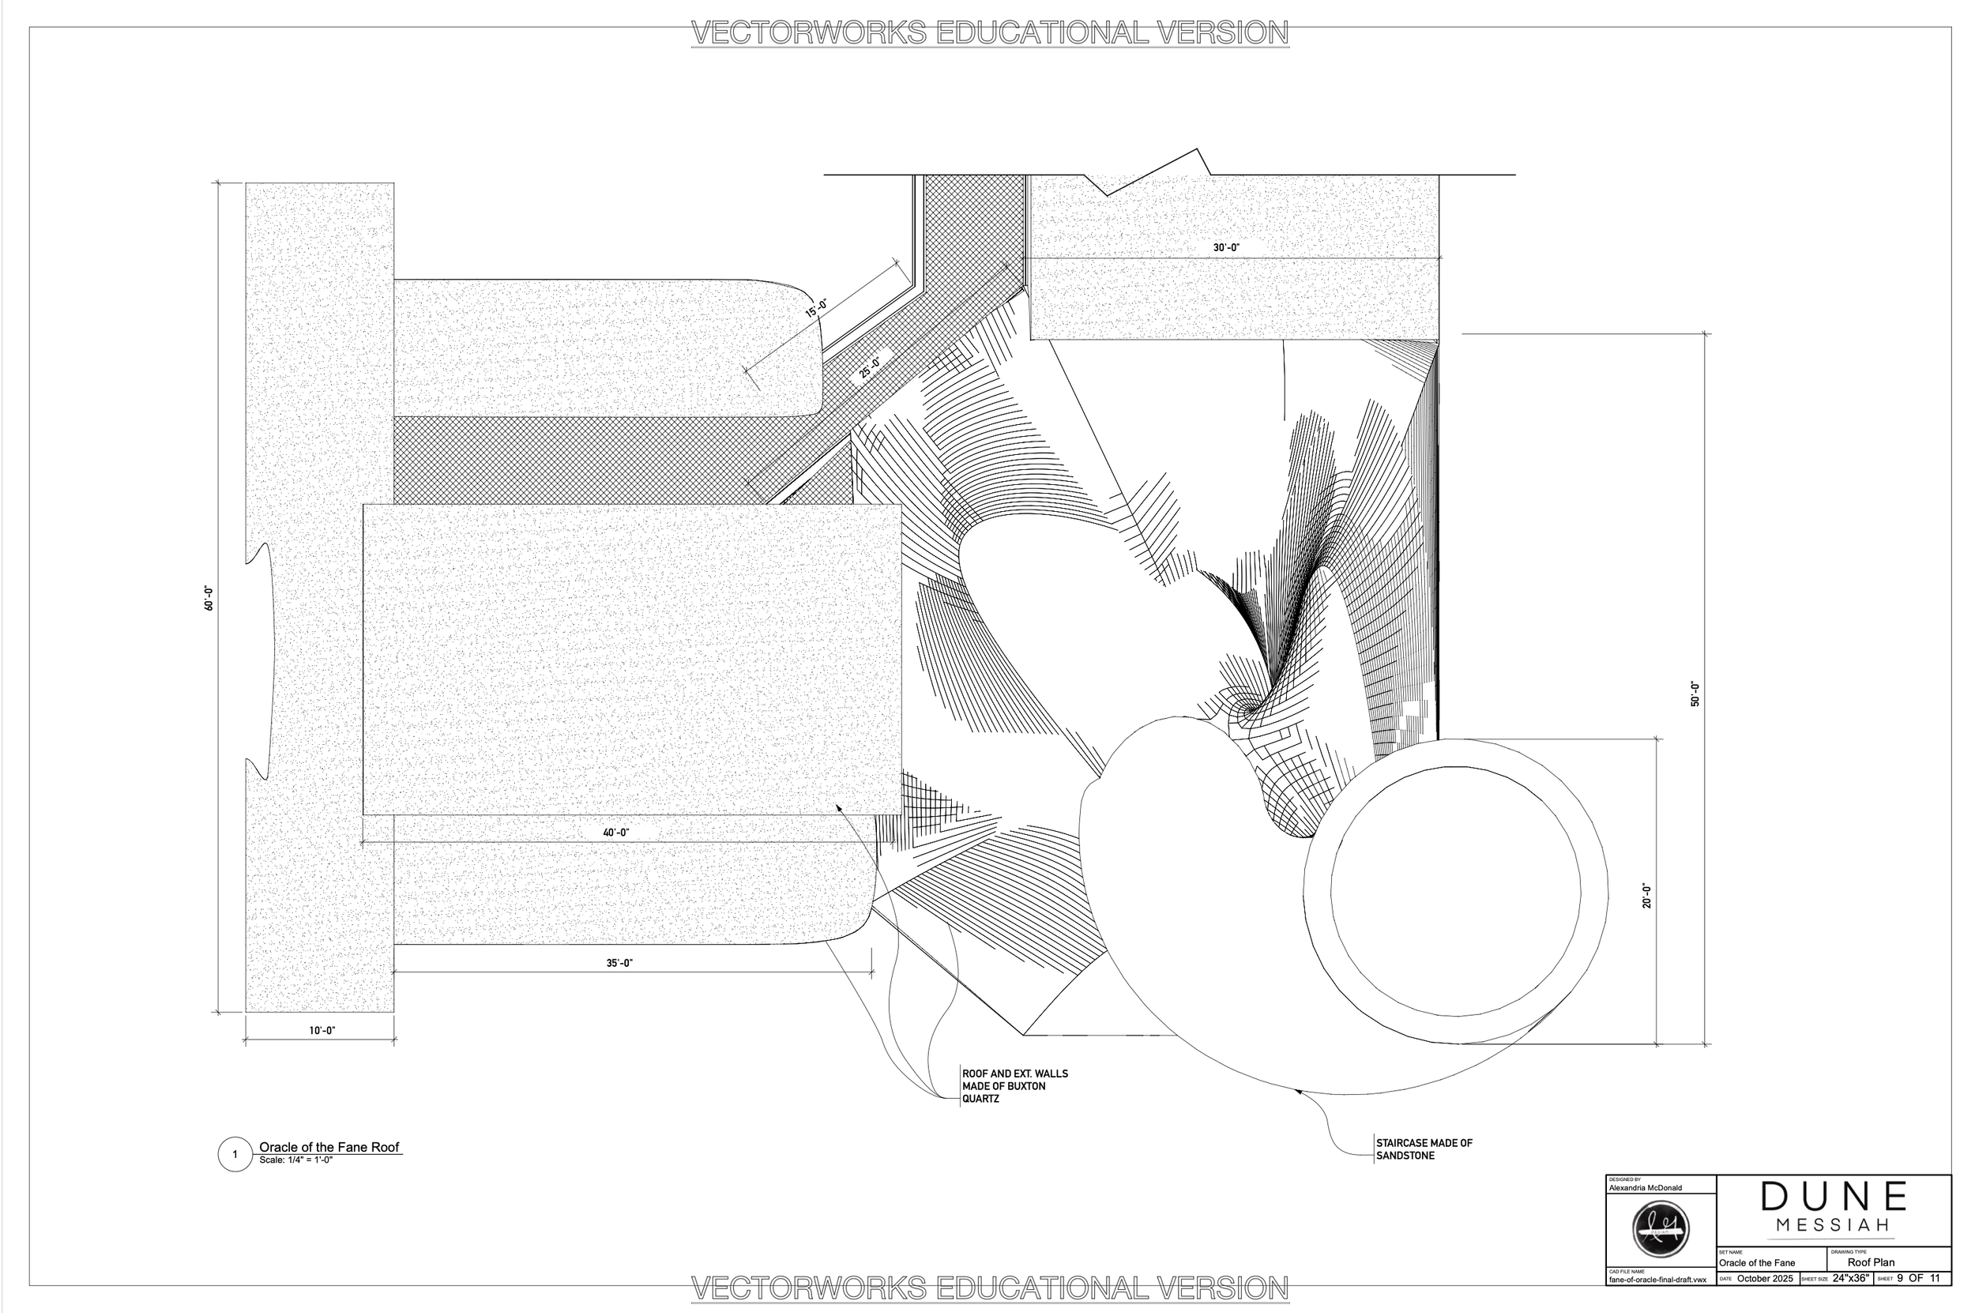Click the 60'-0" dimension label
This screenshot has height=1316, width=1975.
208,597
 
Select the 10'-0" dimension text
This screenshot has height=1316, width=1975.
322,1030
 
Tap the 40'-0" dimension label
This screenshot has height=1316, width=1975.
615,833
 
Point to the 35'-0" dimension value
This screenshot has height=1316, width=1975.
619,964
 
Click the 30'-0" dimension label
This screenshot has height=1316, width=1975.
1225,247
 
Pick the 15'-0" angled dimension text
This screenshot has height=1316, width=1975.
817,308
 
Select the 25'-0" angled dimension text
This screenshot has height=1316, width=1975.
870,367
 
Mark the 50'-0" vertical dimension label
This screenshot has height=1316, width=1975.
1695,694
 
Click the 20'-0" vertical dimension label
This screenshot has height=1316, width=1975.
1647,896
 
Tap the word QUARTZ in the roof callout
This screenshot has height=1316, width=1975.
980,1099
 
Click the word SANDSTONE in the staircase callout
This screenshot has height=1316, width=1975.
1405,1156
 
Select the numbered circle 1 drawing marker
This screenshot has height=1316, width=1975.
235,1154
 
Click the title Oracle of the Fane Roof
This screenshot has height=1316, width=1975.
329,1146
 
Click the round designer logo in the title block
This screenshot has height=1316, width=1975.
1661,1230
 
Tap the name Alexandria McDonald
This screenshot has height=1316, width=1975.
1645,1187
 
